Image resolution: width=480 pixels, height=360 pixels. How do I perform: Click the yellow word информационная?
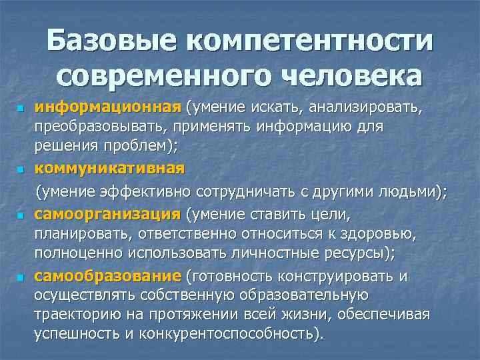tap(108, 107)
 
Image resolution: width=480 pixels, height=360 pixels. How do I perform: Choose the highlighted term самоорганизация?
tap(107, 214)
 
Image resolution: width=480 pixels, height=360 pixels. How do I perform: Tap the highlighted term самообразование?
tap(107, 276)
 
